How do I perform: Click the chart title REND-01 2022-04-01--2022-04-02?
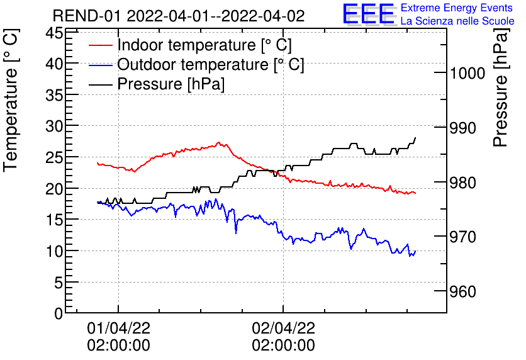click(x=178, y=16)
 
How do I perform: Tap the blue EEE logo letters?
click(x=368, y=14)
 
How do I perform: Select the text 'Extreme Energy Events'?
click(x=457, y=8)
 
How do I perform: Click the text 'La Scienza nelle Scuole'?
click(x=457, y=21)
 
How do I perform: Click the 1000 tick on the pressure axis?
click(x=467, y=74)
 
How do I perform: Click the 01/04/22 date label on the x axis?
click(x=118, y=328)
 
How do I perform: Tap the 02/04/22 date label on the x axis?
click(x=283, y=328)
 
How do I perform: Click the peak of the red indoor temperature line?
click(x=218, y=143)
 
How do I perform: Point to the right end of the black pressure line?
click(x=415, y=138)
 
